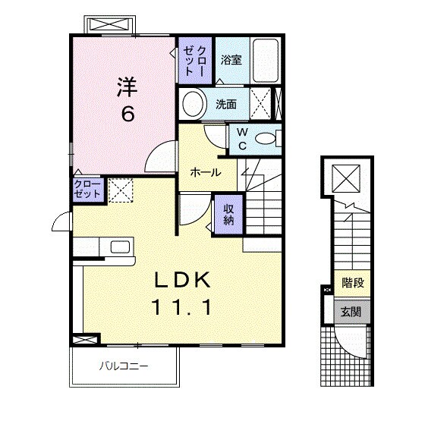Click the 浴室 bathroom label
(231, 60)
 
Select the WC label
(241, 138)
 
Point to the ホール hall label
(205, 172)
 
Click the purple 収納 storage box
(228, 213)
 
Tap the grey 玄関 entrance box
(350, 311)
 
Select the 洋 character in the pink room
(126, 86)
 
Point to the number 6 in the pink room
(126, 115)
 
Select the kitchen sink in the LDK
(120, 247)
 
